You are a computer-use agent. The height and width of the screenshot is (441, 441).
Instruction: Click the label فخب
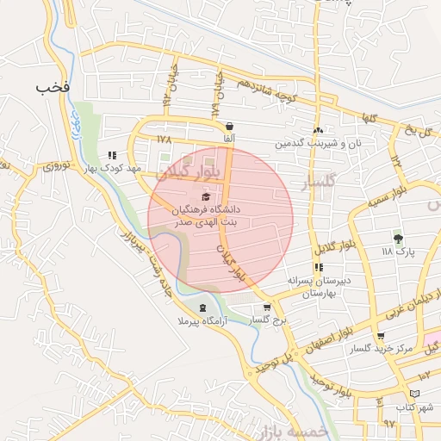(x=53, y=87)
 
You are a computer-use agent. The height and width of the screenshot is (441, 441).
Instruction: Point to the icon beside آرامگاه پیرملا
(x=202, y=307)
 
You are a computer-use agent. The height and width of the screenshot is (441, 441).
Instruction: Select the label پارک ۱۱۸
(x=398, y=252)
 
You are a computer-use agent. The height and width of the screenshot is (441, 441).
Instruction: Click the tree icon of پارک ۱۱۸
(x=397, y=239)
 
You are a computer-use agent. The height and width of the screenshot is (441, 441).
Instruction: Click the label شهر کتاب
(x=414, y=406)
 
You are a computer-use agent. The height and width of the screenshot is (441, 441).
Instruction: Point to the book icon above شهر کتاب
(x=415, y=394)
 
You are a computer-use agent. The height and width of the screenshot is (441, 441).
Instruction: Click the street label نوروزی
(x=61, y=165)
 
